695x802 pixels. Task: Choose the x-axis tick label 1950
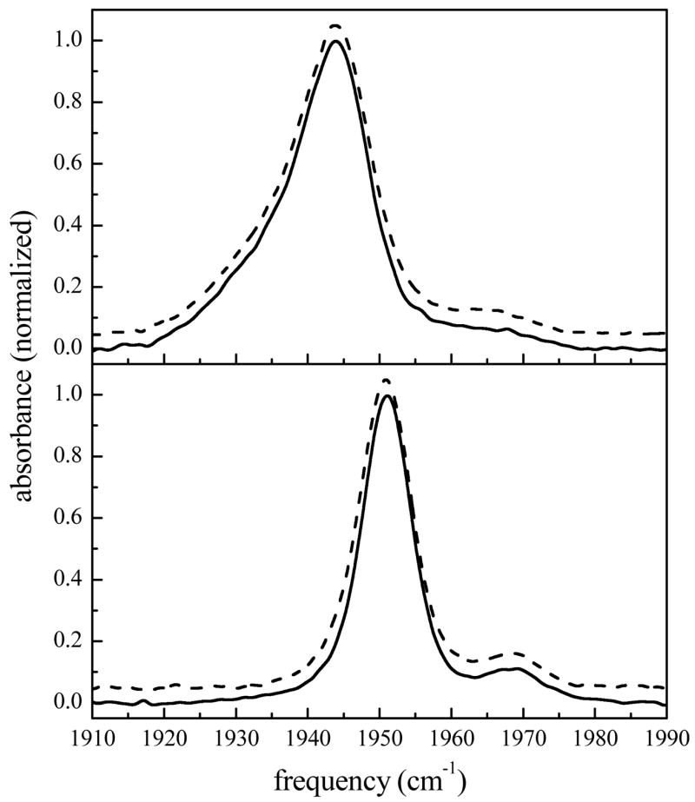[380, 736]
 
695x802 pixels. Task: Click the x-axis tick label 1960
[452, 736]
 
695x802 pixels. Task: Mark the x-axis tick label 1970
[523, 736]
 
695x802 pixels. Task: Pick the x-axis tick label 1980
[595, 736]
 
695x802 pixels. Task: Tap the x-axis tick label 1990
[665, 736]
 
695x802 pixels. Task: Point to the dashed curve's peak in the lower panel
[386, 380]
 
